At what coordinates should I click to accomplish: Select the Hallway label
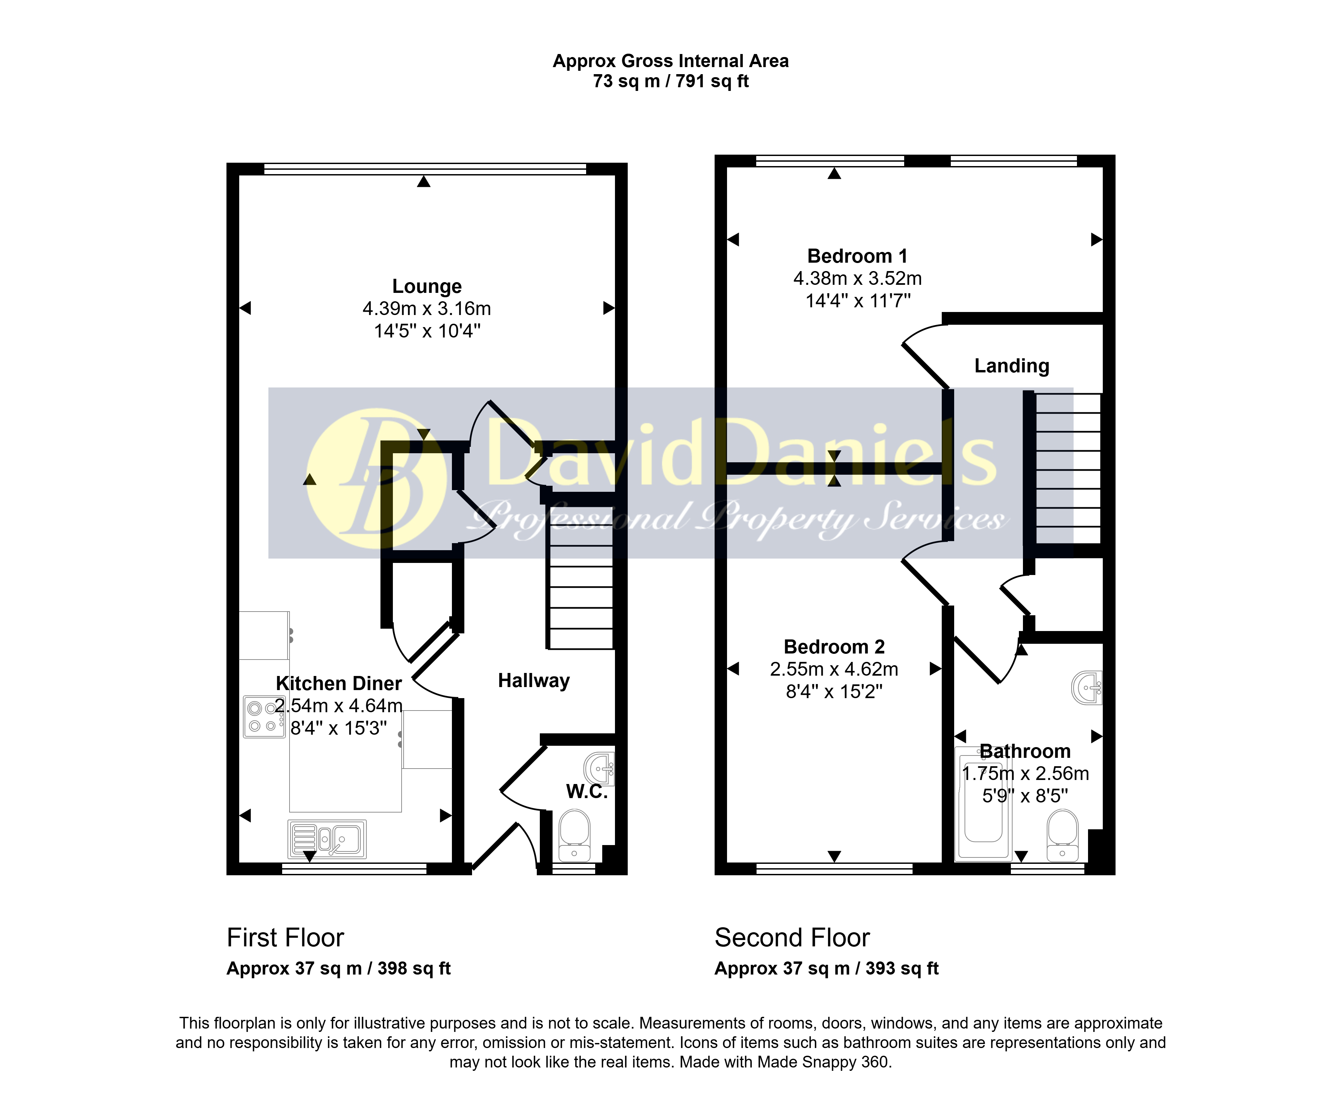[x=534, y=681]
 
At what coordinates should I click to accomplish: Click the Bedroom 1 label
[x=858, y=256]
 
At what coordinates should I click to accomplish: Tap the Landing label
[x=1012, y=366]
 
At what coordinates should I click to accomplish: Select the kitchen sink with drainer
[x=327, y=839]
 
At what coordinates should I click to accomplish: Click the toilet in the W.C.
[x=574, y=835]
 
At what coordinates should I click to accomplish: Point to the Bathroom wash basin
[x=1087, y=687]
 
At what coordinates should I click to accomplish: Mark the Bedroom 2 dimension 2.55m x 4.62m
[x=834, y=669]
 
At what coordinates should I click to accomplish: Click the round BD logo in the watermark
[x=376, y=478]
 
